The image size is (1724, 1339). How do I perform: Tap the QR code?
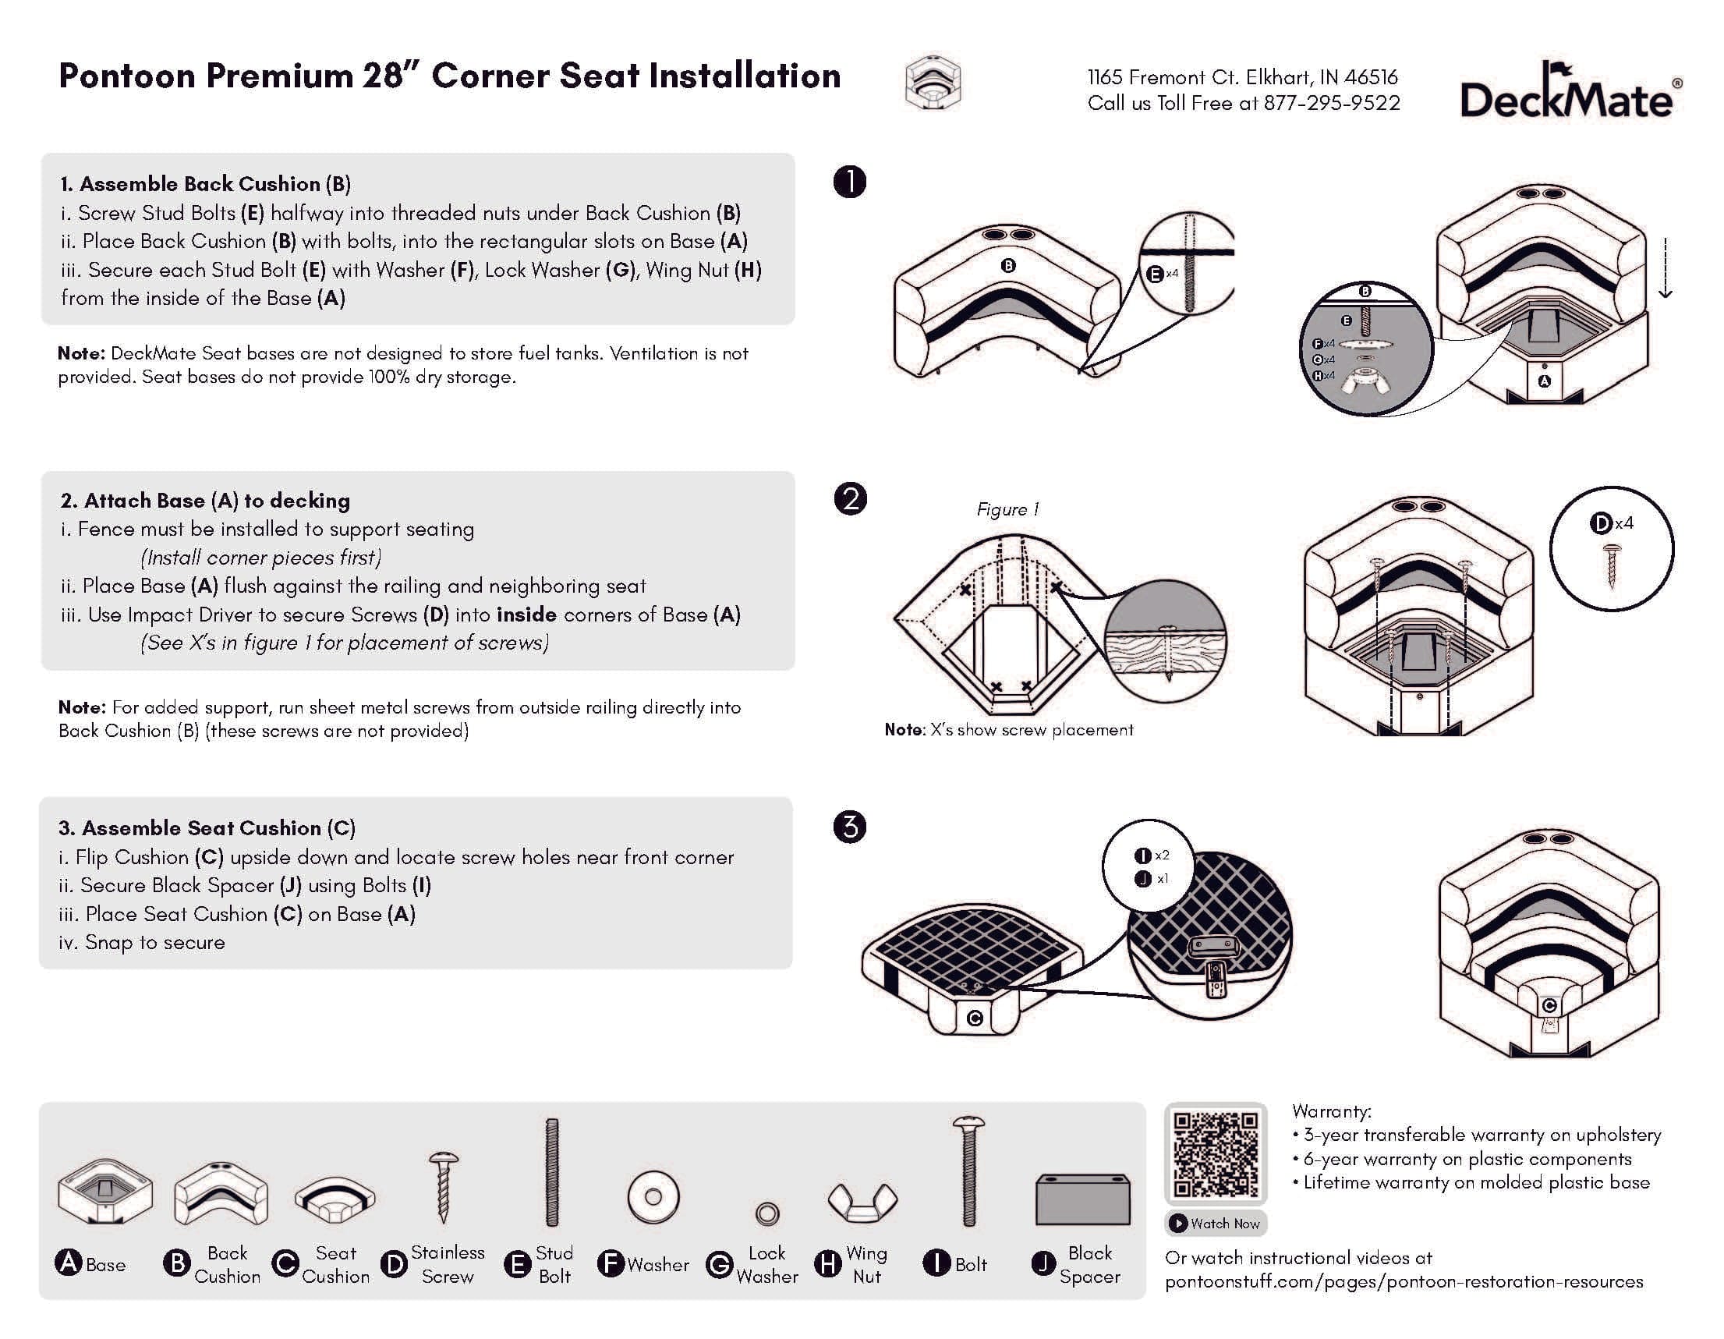[x=1215, y=1153]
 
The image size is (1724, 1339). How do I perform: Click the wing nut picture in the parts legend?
[x=862, y=1201]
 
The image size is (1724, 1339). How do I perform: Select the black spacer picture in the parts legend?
[x=1082, y=1199]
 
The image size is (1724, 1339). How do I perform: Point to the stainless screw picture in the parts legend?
[x=444, y=1186]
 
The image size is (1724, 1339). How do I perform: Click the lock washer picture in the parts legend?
[x=766, y=1213]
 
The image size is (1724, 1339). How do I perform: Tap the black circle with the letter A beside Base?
[x=69, y=1263]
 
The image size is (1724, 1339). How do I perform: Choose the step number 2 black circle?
[x=850, y=499]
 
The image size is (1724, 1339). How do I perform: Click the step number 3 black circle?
[x=849, y=827]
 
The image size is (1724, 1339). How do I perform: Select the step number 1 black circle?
[x=849, y=182]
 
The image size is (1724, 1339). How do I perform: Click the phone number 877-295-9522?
[x=1331, y=104]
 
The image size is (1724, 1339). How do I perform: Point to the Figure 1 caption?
[x=1007, y=510]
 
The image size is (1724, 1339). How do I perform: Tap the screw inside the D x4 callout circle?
[x=1612, y=566]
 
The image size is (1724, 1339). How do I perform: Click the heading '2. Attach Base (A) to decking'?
[x=205, y=501]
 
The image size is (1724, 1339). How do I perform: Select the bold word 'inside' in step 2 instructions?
[x=526, y=615]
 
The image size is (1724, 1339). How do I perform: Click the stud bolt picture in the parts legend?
[x=552, y=1171]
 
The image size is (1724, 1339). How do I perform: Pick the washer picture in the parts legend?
[x=653, y=1197]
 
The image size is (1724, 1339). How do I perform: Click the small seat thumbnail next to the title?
[x=933, y=83]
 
